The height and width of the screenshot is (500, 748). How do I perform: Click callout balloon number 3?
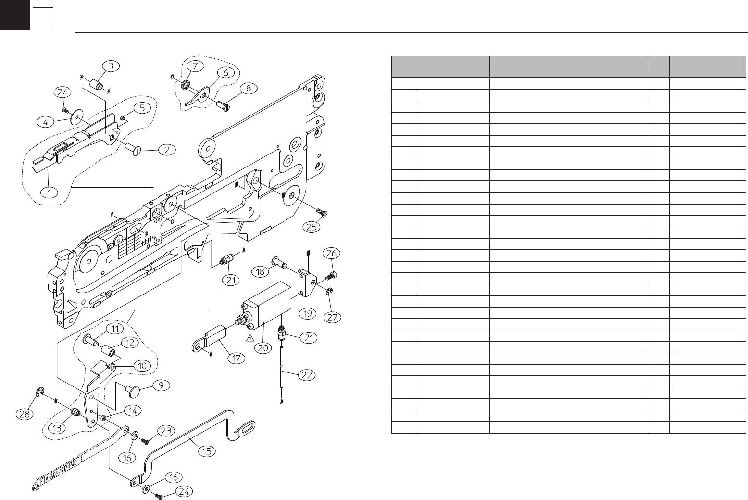click(111, 66)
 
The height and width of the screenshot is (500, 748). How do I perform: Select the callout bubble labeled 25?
click(312, 226)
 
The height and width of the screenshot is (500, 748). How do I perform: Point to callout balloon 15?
click(207, 451)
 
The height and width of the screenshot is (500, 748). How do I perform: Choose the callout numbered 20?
click(263, 347)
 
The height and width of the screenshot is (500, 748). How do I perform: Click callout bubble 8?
click(249, 88)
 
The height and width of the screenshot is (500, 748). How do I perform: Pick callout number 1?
click(49, 192)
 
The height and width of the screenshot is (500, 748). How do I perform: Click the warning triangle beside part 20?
click(250, 338)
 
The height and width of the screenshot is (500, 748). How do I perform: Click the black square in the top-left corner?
click(14, 14)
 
